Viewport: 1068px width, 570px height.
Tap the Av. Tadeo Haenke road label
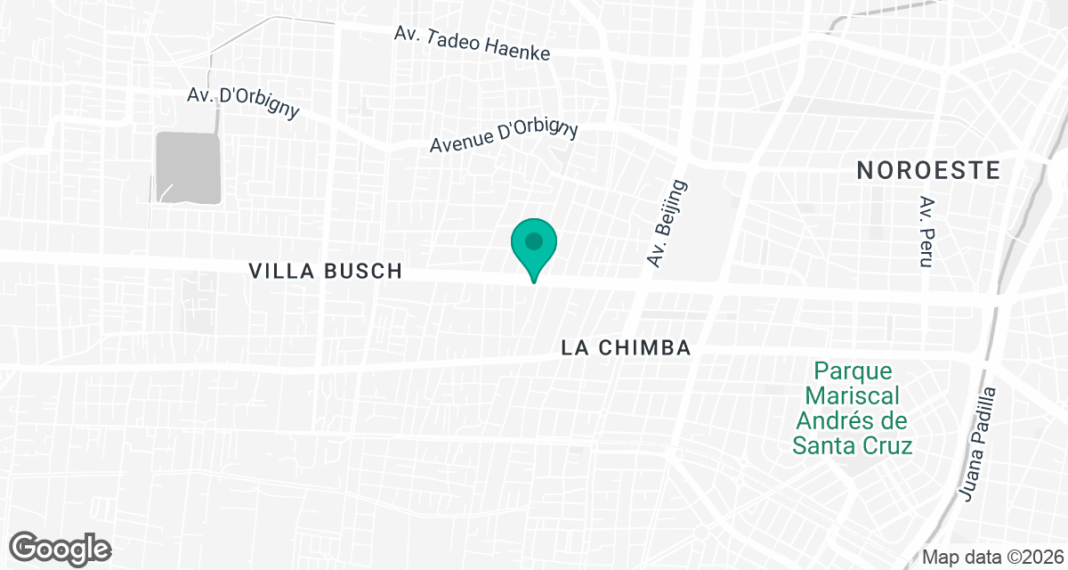[x=473, y=43]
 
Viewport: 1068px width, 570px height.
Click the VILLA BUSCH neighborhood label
[x=327, y=272]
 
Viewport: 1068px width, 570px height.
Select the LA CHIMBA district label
[x=627, y=348]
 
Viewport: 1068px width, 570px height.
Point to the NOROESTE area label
[x=929, y=171]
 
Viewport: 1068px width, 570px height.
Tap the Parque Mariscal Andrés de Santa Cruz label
[x=853, y=408]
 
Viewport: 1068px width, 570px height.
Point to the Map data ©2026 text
[x=991, y=557]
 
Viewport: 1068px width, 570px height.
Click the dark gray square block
[x=188, y=167]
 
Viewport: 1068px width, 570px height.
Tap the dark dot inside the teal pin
[x=534, y=241]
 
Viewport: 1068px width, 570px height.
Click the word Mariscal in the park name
[x=854, y=395]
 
